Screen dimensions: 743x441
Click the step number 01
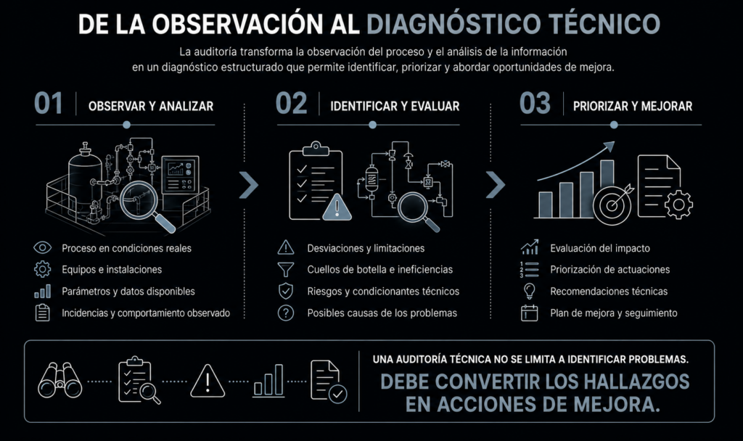click(x=49, y=103)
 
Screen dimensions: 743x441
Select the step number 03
click(x=535, y=103)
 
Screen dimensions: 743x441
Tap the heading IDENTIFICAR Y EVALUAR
click(x=395, y=106)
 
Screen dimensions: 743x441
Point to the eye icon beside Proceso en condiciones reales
click(x=42, y=247)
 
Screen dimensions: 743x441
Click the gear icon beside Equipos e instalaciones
click(x=42, y=269)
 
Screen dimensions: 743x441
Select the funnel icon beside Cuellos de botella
click(x=286, y=270)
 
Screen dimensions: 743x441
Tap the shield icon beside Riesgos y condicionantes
click(x=286, y=291)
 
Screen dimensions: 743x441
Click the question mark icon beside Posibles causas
click(x=286, y=313)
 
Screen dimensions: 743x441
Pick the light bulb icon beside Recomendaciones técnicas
click(x=529, y=291)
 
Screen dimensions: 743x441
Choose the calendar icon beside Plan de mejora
click(x=529, y=313)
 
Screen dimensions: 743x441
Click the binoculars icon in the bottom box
click(x=59, y=380)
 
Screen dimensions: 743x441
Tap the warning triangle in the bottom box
click(x=207, y=381)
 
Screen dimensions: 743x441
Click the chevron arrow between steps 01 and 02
click(x=248, y=185)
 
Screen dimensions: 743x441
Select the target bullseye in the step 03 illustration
click(x=612, y=205)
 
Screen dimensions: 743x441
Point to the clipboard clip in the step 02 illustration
click(x=315, y=148)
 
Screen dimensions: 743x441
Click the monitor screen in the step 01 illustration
click(x=180, y=174)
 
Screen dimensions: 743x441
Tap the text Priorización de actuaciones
click(x=609, y=270)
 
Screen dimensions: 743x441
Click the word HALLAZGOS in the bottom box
click(x=636, y=382)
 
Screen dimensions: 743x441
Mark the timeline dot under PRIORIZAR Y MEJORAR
click(x=614, y=125)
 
